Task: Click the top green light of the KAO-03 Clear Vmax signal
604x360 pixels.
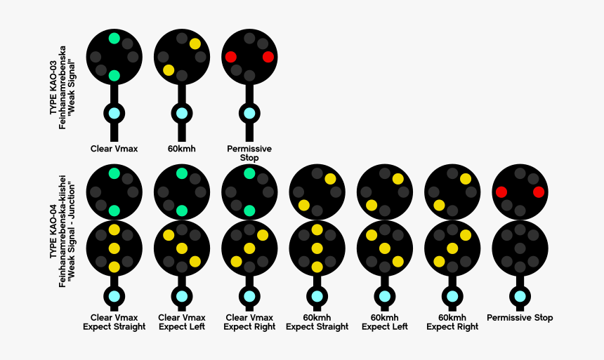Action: click(114, 39)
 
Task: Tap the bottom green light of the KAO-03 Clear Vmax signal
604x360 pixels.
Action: click(114, 75)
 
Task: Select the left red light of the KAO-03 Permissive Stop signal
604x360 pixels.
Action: click(230, 57)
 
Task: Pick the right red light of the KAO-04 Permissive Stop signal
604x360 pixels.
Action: click(539, 192)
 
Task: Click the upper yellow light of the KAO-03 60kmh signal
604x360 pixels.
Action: click(195, 44)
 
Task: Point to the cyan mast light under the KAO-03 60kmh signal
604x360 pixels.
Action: click(182, 113)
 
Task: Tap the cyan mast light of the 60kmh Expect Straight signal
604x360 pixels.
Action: click(317, 297)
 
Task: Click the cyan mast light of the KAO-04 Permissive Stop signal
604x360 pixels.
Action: click(520, 297)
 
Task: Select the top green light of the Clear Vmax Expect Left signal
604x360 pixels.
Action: click(182, 173)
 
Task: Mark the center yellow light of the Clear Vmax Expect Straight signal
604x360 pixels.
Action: click(114, 248)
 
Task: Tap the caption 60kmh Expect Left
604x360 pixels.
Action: click(384, 322)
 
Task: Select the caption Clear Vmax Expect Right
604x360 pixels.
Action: click(249, 322)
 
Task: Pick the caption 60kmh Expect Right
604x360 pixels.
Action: click(452, 322)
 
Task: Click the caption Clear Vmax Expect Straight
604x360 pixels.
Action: click(114, 322)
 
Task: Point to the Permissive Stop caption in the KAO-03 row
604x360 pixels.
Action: click(249, 153)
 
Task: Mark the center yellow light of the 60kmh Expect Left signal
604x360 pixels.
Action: click(384, 248)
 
